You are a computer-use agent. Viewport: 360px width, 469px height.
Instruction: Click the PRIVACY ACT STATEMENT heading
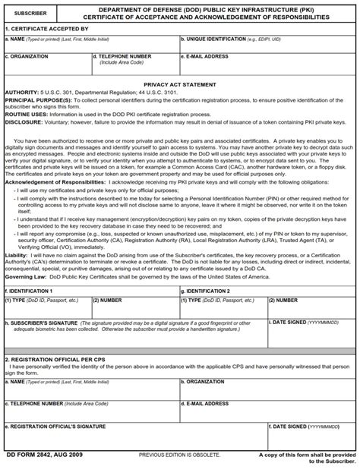coord(179,86)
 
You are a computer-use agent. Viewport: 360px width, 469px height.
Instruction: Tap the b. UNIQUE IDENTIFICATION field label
coord(210,38)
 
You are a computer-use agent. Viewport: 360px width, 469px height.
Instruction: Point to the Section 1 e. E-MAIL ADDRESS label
coord(205,56)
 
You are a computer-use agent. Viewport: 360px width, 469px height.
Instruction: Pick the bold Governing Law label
coord(25,277)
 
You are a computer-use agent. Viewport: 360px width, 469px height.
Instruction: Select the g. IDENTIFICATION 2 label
coord(205,291)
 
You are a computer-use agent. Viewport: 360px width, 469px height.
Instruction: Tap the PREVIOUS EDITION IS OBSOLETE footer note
coord(179,455)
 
